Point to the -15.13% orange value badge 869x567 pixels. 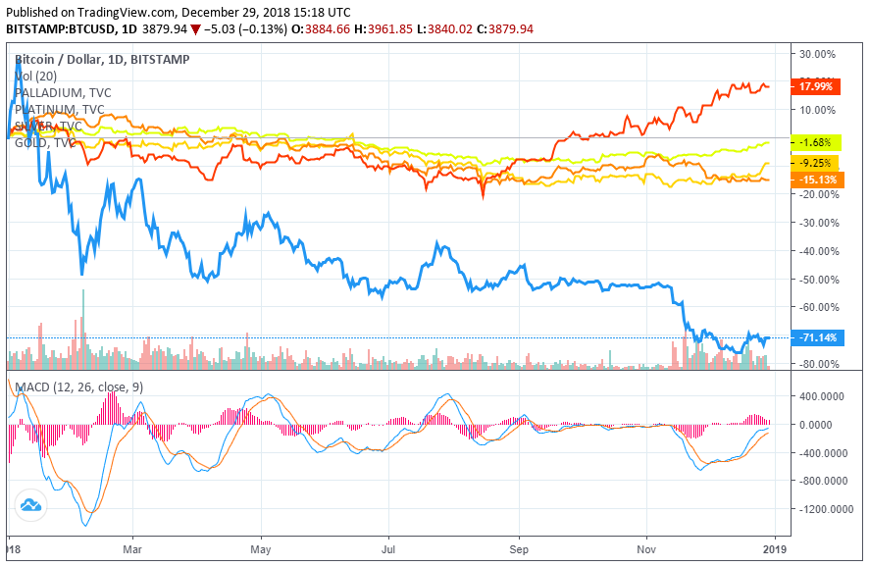(x=819, y=180)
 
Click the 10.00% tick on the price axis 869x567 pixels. (x=820, y=109)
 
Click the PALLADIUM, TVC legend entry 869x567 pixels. (x=60, y=92)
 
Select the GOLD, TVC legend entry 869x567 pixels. (x=45, y=143)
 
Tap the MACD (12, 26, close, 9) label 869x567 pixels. (x=78, y=387)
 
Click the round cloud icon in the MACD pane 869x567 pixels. (x=30, y=505)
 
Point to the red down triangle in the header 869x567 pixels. (x=196, y=29)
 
